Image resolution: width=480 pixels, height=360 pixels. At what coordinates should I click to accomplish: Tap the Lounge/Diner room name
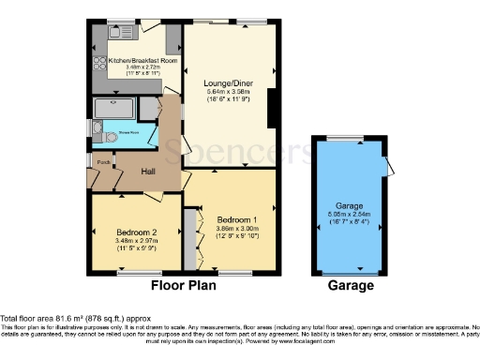click(230, 82)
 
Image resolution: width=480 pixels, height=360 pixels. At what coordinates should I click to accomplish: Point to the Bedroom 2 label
click(137, 231)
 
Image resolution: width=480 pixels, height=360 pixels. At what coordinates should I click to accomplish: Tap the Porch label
click(103, 161)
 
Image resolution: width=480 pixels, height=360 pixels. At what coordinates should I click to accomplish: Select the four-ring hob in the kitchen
click(98, 65)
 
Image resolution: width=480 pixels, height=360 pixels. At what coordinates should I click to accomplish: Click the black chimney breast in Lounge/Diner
click(272, 108)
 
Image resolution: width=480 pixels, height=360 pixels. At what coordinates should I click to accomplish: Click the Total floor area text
click(64, 320)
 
